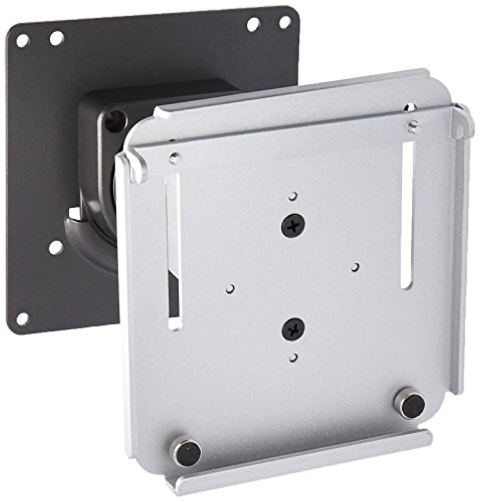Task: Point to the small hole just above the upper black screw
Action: [x=293, y=195]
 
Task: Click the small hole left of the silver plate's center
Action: [x=230, y=288]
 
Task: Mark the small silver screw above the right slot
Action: [x=412, y=126]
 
